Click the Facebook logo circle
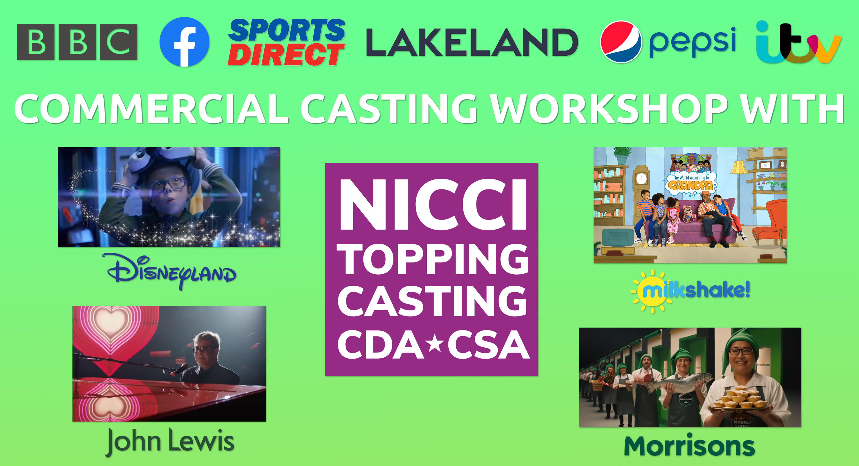pyautogui.click(x=184, y=42)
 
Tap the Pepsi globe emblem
pyautogui.click(x=621, y=42)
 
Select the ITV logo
pyautogui.click(x=798, y=43)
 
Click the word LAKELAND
pyautogui.click(x=472, y=42)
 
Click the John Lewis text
pyautogui.click(x=170, y=441)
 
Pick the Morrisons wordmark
pyautogui.click(x=689, y=446)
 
